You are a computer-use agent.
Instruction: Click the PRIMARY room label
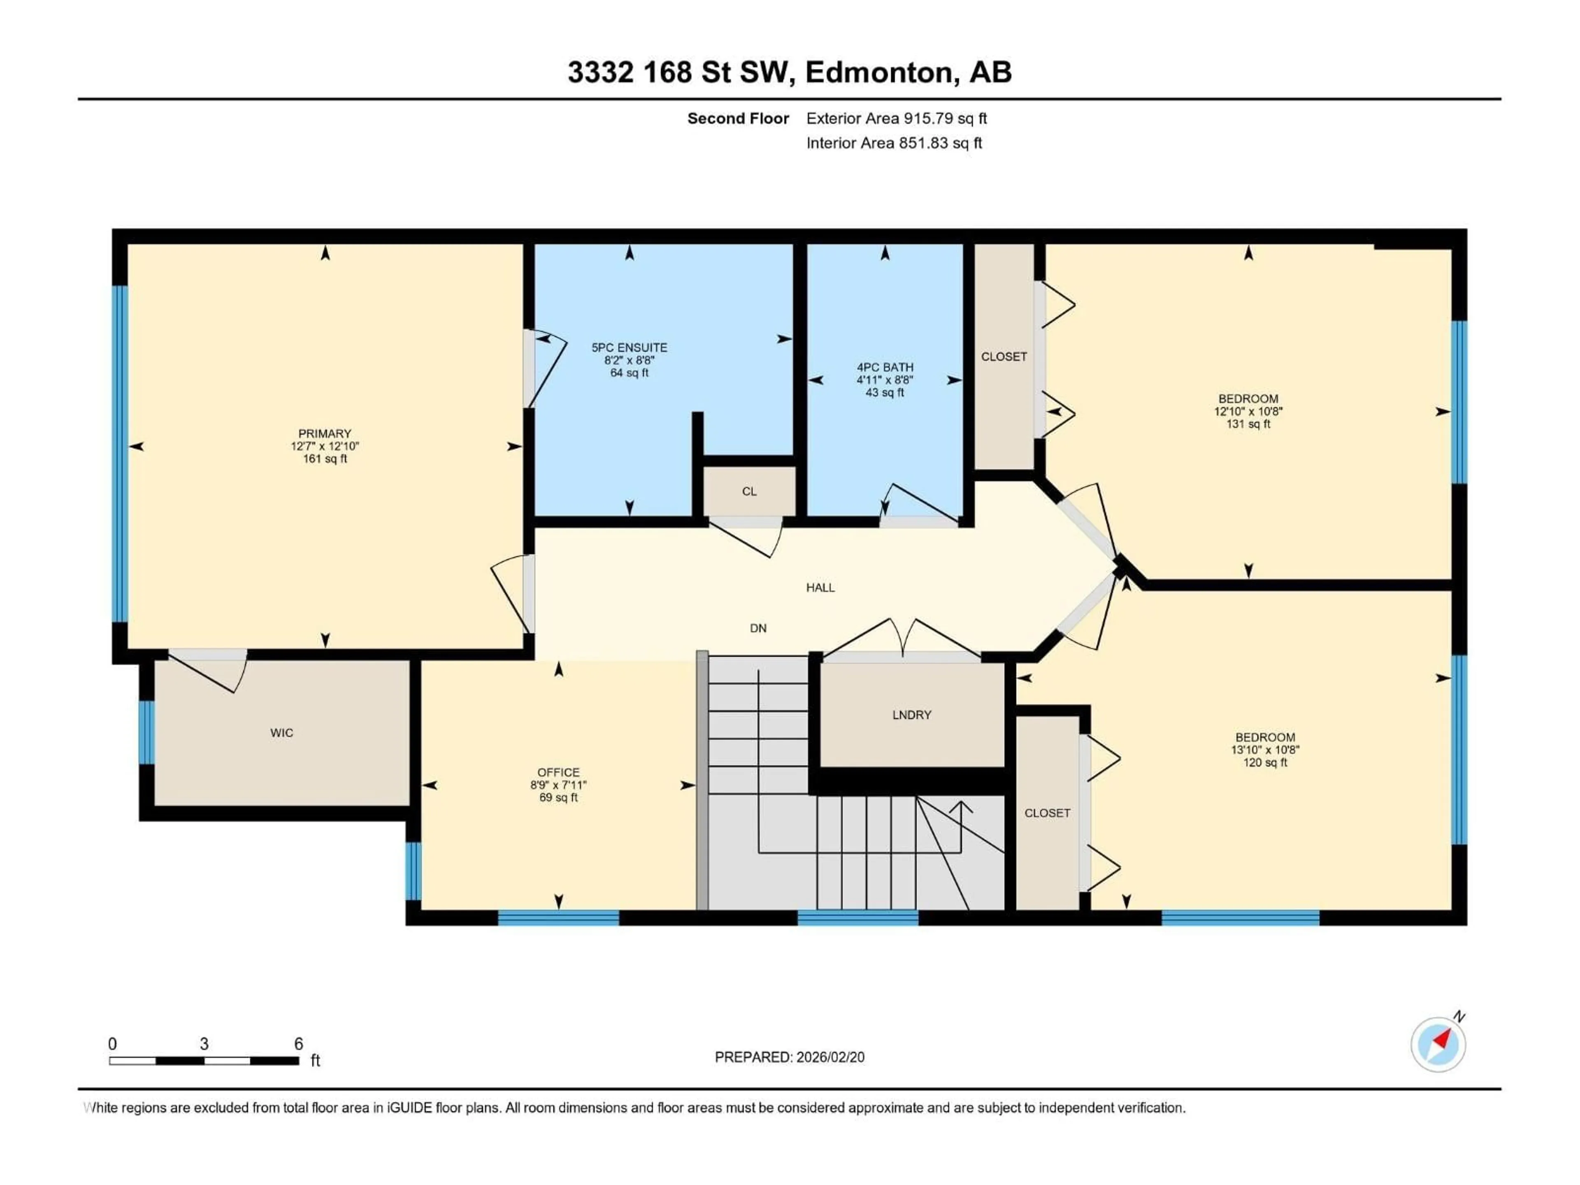[325, 434]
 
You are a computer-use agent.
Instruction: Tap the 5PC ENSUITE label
[629, 348]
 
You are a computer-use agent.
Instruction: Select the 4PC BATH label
[885, 367]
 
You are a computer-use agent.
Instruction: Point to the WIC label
[281, 733]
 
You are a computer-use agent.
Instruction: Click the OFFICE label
[559, 772]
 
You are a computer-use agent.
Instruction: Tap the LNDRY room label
[911, 715]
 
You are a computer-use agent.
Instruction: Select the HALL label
[820, 588]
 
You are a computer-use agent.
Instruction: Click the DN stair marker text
[758, 629]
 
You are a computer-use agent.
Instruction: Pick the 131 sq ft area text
[1248, 424]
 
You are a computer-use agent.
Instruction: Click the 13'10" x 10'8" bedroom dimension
[1265, 750]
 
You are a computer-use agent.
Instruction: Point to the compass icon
[1438, 1044]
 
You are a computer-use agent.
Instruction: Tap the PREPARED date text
[789, 1057]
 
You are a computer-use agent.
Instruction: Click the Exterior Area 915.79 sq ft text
[897, 118]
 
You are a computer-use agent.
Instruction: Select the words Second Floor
[738, 118]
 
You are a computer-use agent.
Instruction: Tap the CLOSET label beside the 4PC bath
[1004, 356]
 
